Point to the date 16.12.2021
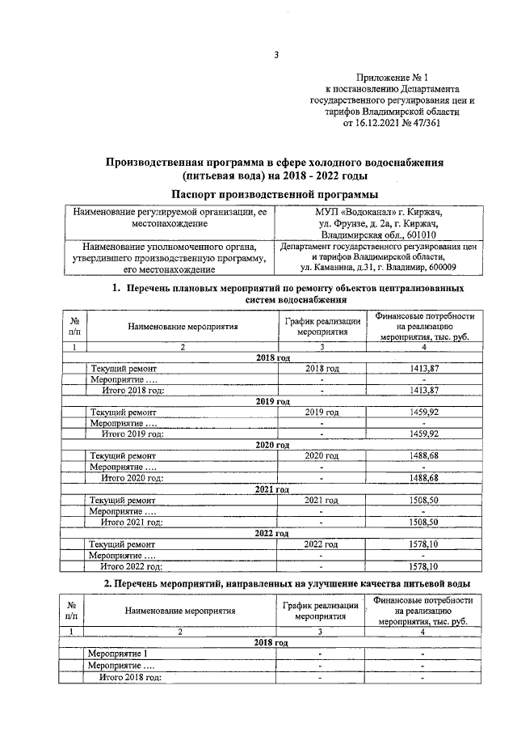click(379, 124)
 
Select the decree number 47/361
click(428, 124)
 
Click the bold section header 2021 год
click(272, 489)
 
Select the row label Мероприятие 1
click(118, 654)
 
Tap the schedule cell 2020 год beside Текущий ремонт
click(321, 456)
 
